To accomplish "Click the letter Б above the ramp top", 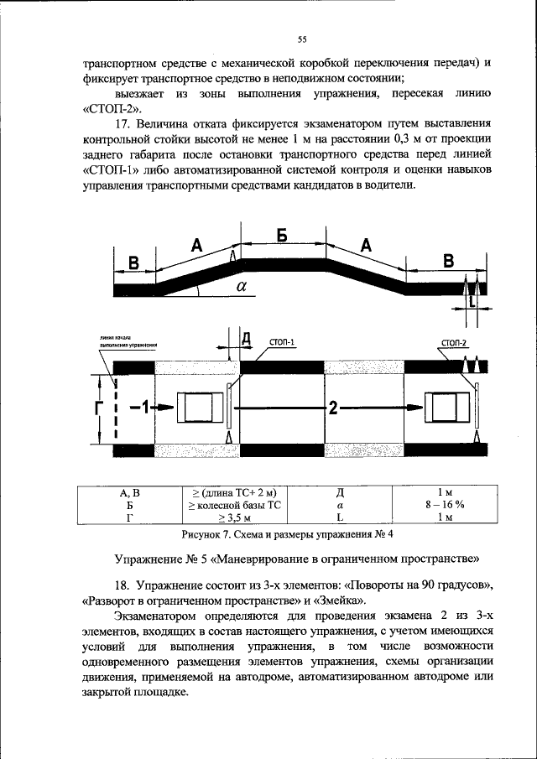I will coord(282,237).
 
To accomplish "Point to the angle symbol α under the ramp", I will coord(242,285).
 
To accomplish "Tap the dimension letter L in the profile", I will coord(472,299).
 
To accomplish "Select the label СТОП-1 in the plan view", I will coord(282,342).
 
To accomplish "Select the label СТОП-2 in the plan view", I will coord(454,342).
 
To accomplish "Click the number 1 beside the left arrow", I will coord(143,408).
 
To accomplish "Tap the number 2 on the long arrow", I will coord(333,408).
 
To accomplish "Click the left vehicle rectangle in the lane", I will coord(198,408).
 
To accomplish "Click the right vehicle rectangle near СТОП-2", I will coord(447,408).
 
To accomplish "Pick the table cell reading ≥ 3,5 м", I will coord(234,517).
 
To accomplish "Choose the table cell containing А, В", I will coord(130,493).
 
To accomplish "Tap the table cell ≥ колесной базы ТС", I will coord(234,505).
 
